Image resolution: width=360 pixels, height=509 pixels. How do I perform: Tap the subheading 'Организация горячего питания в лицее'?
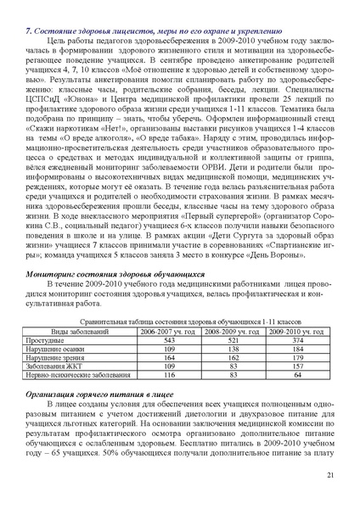click(x=100, y=395)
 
